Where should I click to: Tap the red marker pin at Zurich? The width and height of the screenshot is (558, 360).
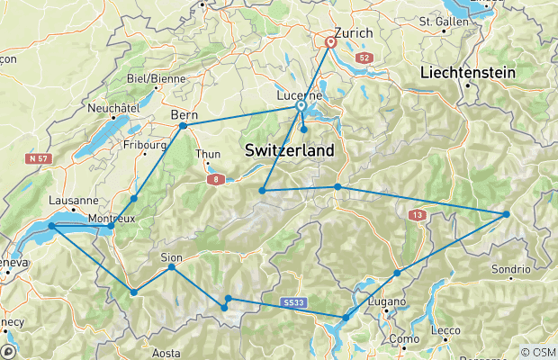[x=330, y=41]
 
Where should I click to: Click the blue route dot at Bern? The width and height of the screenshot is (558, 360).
[x=183, y=126]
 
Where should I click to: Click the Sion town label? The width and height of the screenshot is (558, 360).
[x=171, y=256]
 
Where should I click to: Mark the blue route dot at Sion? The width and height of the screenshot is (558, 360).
[x=171, y=267]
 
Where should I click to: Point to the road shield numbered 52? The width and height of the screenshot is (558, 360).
[x=364, y=58]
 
